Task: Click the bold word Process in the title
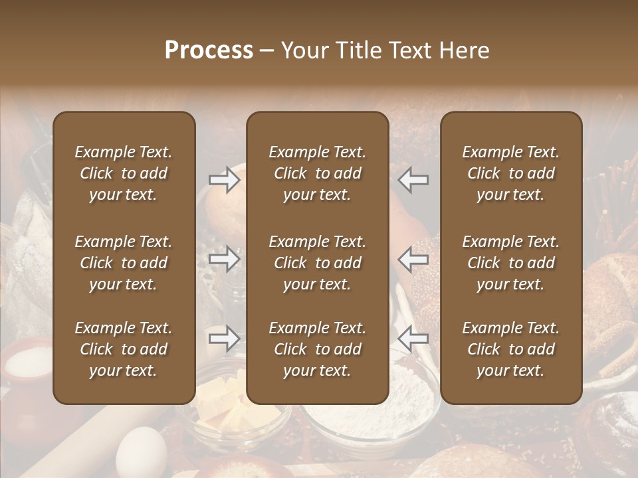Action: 209,50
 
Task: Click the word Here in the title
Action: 464,50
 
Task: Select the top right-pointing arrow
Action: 224,179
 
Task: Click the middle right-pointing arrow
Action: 224,258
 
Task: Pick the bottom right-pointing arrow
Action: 224,339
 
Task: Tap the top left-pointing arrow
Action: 413,179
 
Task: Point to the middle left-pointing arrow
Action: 413,258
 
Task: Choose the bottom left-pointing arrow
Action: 413,339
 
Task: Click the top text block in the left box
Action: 124,173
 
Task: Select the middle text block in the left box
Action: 124,263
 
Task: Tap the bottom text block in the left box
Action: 124,349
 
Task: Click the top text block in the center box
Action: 317,173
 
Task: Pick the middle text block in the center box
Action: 317,263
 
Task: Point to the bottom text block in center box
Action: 317,349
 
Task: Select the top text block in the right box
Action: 510,173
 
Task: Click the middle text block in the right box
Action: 510,263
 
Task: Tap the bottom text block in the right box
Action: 510,349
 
